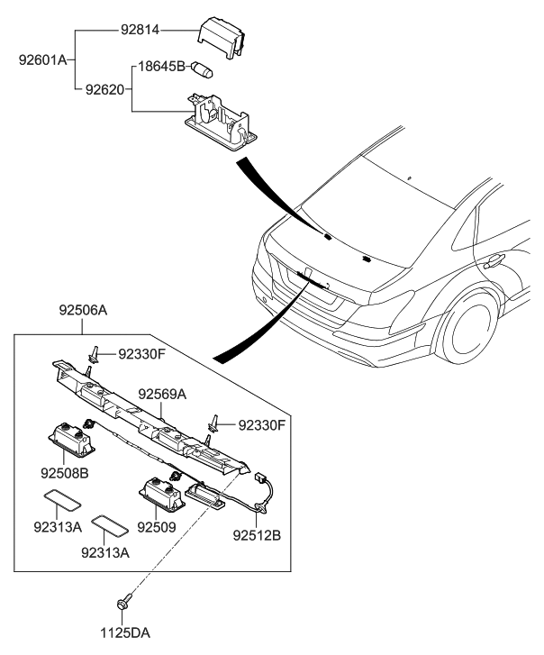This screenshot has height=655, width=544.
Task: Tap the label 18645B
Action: point(160,67)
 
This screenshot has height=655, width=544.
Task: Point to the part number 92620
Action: point(106,90)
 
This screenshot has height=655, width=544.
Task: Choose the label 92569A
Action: point(162,394)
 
